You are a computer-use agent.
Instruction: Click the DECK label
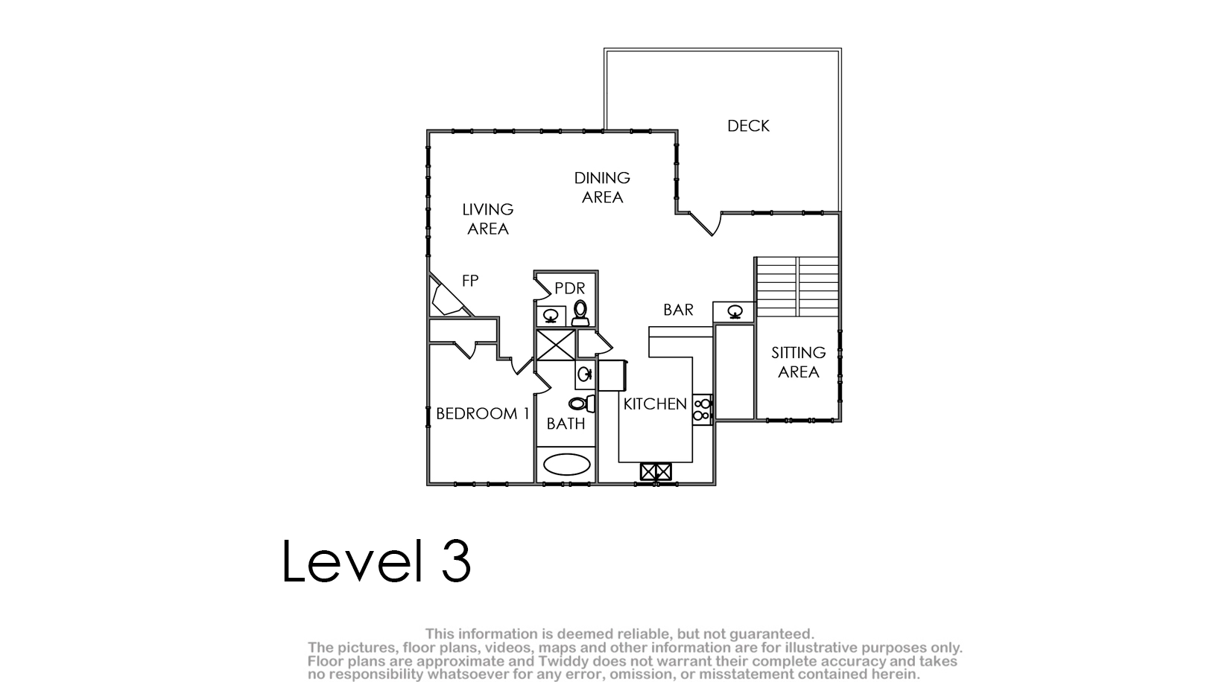[x=748, y=126]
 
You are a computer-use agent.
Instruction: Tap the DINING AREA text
[x=602, y=187]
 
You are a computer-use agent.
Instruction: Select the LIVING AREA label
[x=487, y=219]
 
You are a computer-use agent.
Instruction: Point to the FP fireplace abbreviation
[x=470, y=281]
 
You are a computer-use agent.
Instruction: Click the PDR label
[x=569, y=288]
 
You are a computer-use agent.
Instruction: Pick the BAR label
[x=678, y=310]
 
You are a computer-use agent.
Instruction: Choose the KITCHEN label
[x=655, y=404]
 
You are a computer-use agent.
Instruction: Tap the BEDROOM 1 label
[x=483, y=414]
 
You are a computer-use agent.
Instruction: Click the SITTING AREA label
[x=798, y=362]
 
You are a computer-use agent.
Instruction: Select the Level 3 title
[x=376, y=561]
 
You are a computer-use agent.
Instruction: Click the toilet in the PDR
[x=580, y=313]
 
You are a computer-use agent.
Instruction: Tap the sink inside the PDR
[x=551, y=315]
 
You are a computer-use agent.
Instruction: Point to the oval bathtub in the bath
[x=567, y=465]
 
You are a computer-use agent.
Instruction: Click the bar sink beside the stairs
[x=735, y=312]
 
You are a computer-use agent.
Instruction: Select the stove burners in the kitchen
[x=702, y=409]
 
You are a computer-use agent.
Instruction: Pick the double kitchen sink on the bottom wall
[x=656, y=471]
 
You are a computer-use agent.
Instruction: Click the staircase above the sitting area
[x=797, y=287]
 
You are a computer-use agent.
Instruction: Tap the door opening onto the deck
[x=706, y=223]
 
